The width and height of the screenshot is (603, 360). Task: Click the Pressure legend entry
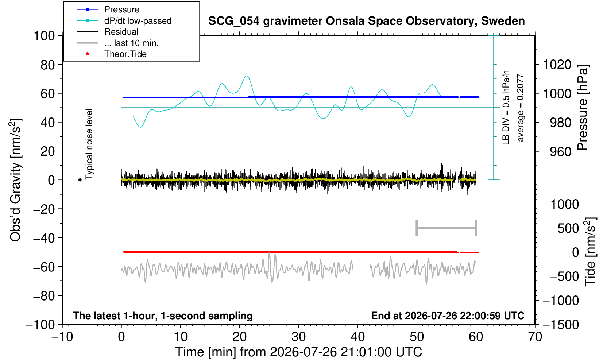point(108,9)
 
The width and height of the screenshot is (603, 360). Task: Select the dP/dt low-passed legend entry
point(124,21)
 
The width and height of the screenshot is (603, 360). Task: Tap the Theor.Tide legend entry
point(112,54)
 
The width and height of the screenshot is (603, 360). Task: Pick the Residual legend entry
point(108,32)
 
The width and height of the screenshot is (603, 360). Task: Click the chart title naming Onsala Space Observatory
point(366,21)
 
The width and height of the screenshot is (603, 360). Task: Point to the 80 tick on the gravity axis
point(47,65)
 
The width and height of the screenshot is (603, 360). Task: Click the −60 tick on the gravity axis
point(44,267)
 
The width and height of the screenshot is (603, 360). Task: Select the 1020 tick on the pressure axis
point(557,65)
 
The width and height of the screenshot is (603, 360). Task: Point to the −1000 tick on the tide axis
point(560,301)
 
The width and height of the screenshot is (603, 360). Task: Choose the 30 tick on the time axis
point(298,337)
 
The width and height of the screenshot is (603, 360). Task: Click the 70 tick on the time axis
point(535,337)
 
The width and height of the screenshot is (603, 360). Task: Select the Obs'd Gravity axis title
point(15,180)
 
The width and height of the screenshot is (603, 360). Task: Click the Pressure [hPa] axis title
point(583,108)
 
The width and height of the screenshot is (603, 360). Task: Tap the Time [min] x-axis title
point(298,352)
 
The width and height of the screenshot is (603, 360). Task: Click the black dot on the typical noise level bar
point(80,180)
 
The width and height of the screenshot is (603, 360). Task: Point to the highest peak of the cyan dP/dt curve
point(247,76)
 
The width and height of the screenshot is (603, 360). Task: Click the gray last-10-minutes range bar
point(447,228)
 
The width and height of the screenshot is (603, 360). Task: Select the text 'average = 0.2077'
point(521,108)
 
